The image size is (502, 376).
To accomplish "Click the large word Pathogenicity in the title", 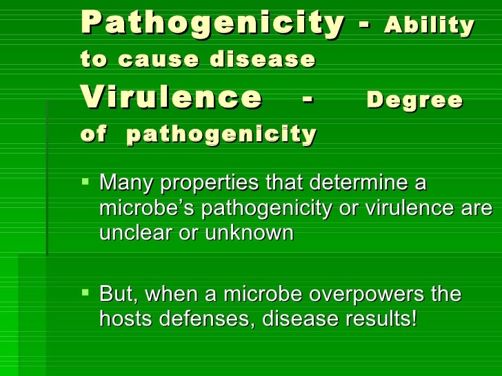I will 212,24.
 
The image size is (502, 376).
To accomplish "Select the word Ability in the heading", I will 430,25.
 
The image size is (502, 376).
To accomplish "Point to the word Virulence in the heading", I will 171,98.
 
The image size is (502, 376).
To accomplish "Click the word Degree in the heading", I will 414,101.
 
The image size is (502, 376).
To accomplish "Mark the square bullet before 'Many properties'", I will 86,183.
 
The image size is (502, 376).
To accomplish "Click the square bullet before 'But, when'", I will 86,294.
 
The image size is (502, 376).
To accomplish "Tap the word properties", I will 208,184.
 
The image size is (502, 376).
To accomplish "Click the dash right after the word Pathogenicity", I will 363,26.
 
